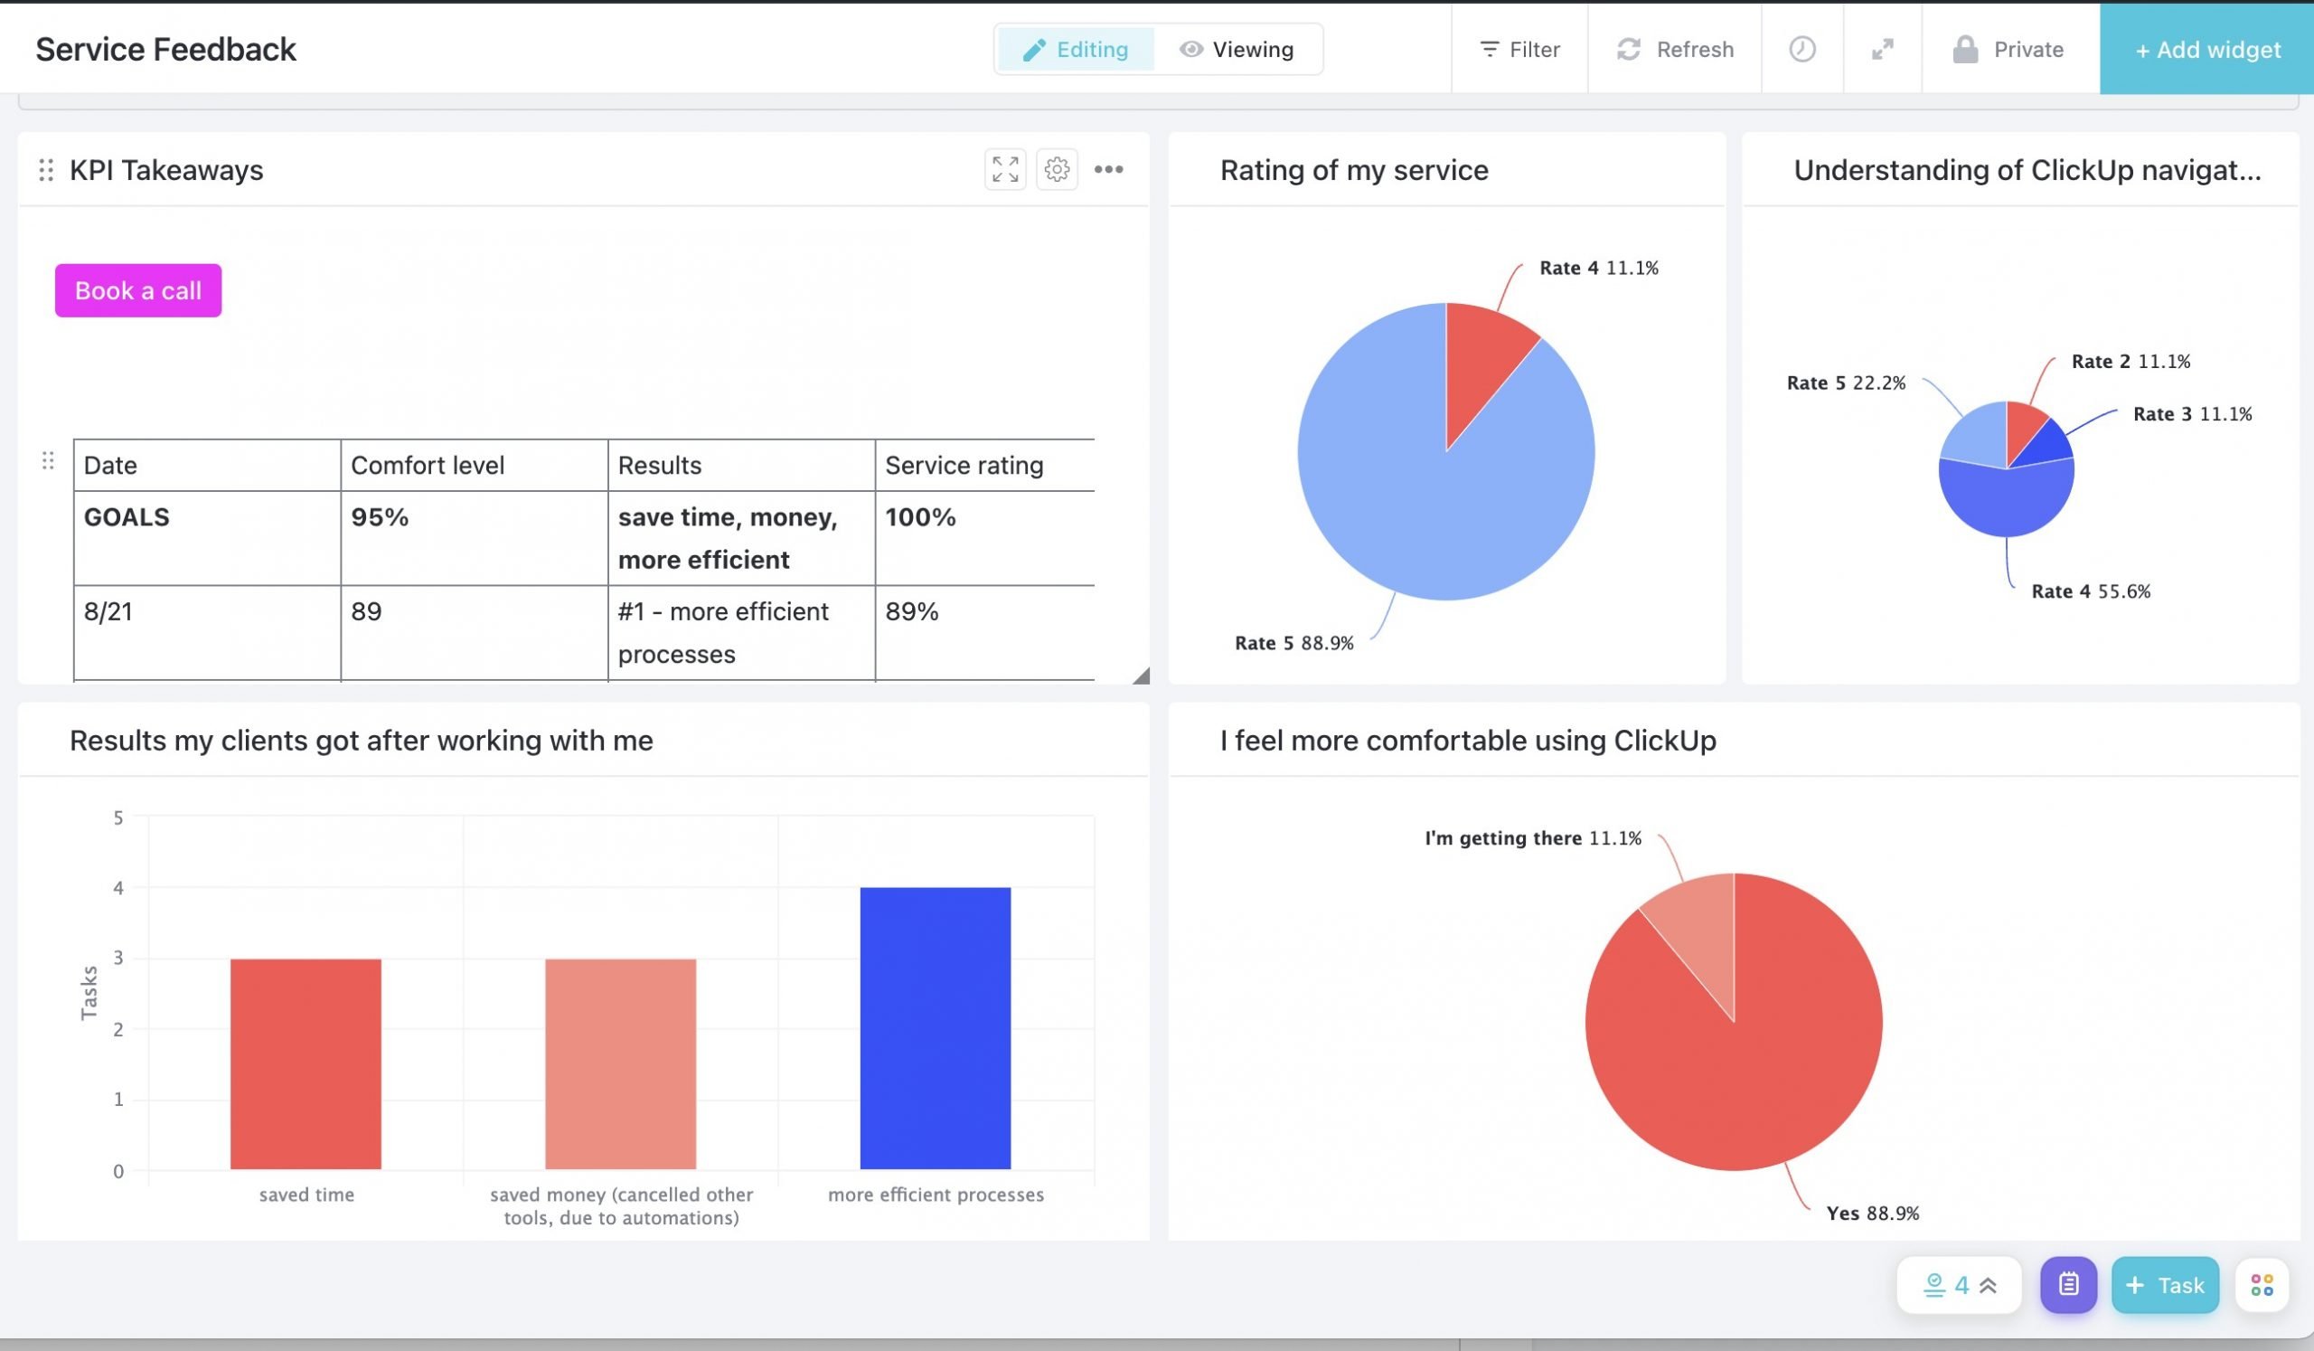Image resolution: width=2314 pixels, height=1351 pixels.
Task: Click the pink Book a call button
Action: (137, 290)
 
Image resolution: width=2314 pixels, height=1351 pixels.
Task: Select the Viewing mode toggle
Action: (1237, 50)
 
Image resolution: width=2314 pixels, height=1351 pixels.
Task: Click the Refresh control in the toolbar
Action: (1675, 50)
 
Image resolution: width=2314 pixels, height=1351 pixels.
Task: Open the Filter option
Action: (1519, 50)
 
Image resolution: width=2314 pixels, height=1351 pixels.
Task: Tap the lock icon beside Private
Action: (1965, 50)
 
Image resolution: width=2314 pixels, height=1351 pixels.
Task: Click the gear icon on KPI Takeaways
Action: (1057, 170)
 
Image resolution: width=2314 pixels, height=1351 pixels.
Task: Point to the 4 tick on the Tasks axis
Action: (118, 888)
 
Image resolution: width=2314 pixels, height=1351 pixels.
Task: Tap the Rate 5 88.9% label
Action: (1293, 643)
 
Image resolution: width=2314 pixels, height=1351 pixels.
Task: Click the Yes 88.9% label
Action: (1872, 1214)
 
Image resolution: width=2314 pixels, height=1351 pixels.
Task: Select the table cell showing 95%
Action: (380, 517)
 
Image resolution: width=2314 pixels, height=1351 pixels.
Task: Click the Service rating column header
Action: (964, 466)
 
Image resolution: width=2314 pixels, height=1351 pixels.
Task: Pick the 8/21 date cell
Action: (108, 611)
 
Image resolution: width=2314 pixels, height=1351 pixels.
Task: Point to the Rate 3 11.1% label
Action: (2192, 414)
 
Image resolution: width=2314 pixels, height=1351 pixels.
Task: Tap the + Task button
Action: (2164, 1285)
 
